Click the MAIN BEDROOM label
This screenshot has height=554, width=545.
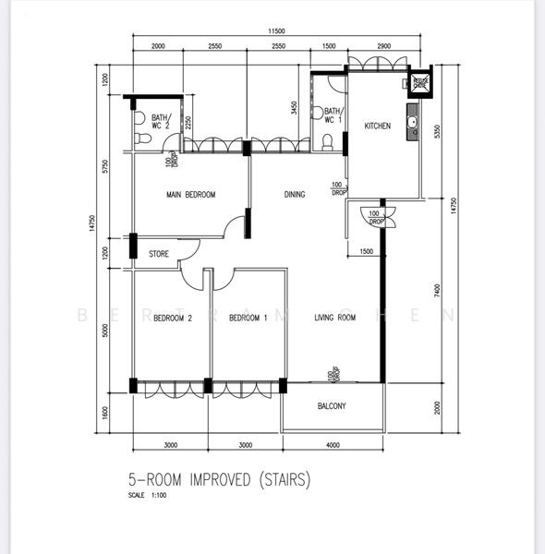(190, 195)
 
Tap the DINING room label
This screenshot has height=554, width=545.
(295, 195)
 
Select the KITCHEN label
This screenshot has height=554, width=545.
(377, 126)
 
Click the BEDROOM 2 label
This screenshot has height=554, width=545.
(172, 319)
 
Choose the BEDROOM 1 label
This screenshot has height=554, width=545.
(248, 319)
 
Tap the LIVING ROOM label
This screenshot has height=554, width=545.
(334, 319)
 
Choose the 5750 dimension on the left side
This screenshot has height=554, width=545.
(107, 166)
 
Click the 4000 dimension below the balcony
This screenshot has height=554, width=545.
(332, 446)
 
